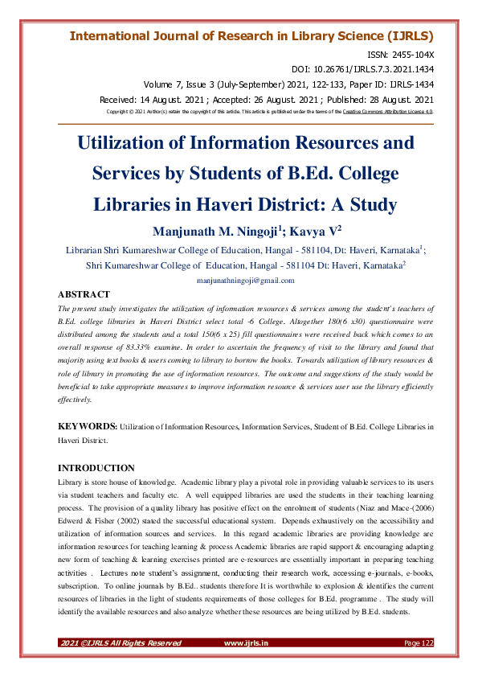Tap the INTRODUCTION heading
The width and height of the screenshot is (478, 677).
click(x=97, y=468)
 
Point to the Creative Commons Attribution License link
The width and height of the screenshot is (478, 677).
click(x=388, y=112)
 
